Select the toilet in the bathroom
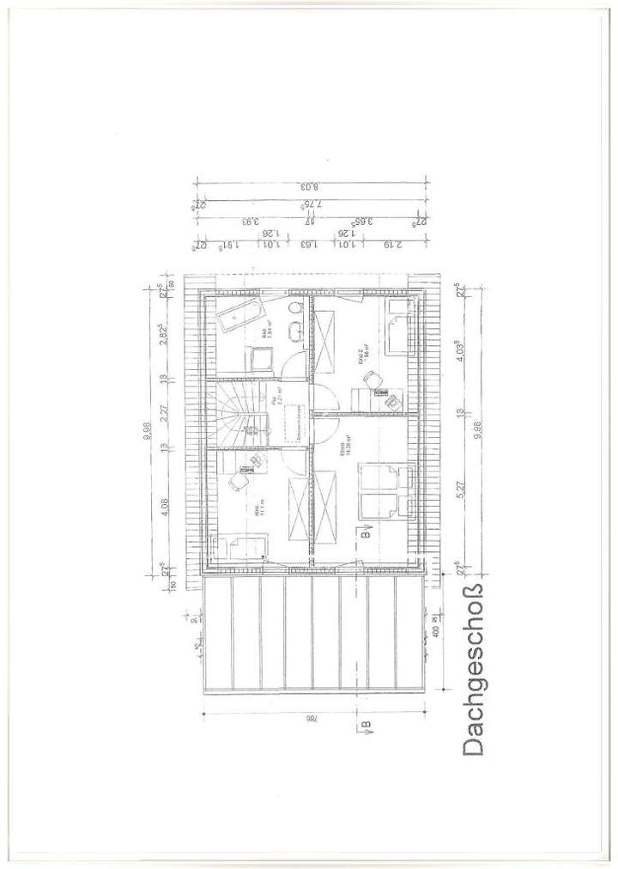294,308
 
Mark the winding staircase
233,413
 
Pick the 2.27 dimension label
166,412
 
